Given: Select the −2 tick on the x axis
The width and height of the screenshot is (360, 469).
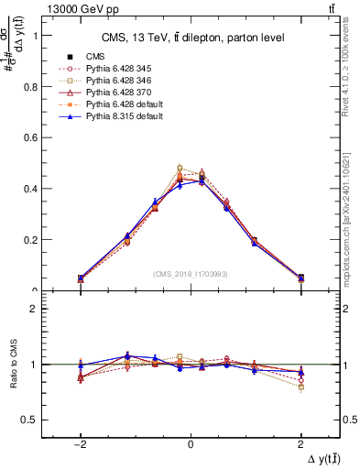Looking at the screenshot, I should click(x=80, y=442).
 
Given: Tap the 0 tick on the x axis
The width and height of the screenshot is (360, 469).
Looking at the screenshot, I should click(x=191, y=442).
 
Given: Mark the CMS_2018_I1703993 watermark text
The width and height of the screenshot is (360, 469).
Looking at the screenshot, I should click(x=191, y=274).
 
